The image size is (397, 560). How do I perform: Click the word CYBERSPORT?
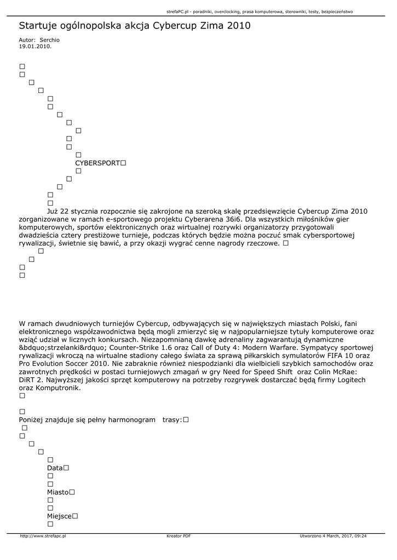[x=97, y=163]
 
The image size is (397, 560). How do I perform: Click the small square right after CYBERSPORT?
[x=123, y=163]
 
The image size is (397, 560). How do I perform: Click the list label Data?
[x=55, y=468]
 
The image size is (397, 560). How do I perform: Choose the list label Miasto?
[x=57, y=492]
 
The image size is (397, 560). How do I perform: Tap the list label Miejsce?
[x=59, y=516]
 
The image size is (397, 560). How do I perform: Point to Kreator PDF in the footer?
[x=179, y=536]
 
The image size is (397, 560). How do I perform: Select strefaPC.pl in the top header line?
[x=177, y=11]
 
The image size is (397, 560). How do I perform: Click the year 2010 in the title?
[x=239, y=26]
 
